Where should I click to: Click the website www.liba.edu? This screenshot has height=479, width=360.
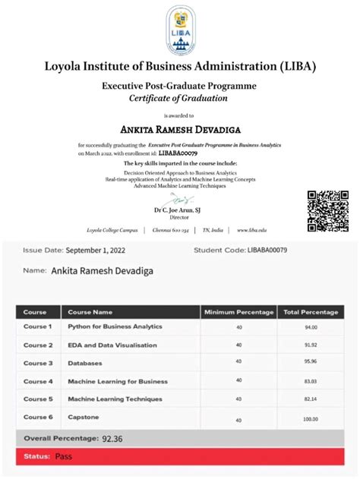(x=251, y=230)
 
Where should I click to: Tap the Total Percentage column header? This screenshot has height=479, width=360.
(x=311, y=312)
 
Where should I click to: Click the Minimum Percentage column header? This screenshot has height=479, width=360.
(x=238, y=312)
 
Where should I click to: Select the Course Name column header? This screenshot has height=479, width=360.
(x=90, y=312)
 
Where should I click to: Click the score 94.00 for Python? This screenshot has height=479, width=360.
(x=311, y=327)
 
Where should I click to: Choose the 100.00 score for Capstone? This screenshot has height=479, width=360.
(x=311, y=419)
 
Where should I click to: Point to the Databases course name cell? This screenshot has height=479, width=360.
(x=85, y=363)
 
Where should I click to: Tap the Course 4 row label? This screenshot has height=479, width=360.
(x=38, y=381)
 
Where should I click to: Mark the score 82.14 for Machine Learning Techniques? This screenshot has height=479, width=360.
(x=311, y=399)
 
